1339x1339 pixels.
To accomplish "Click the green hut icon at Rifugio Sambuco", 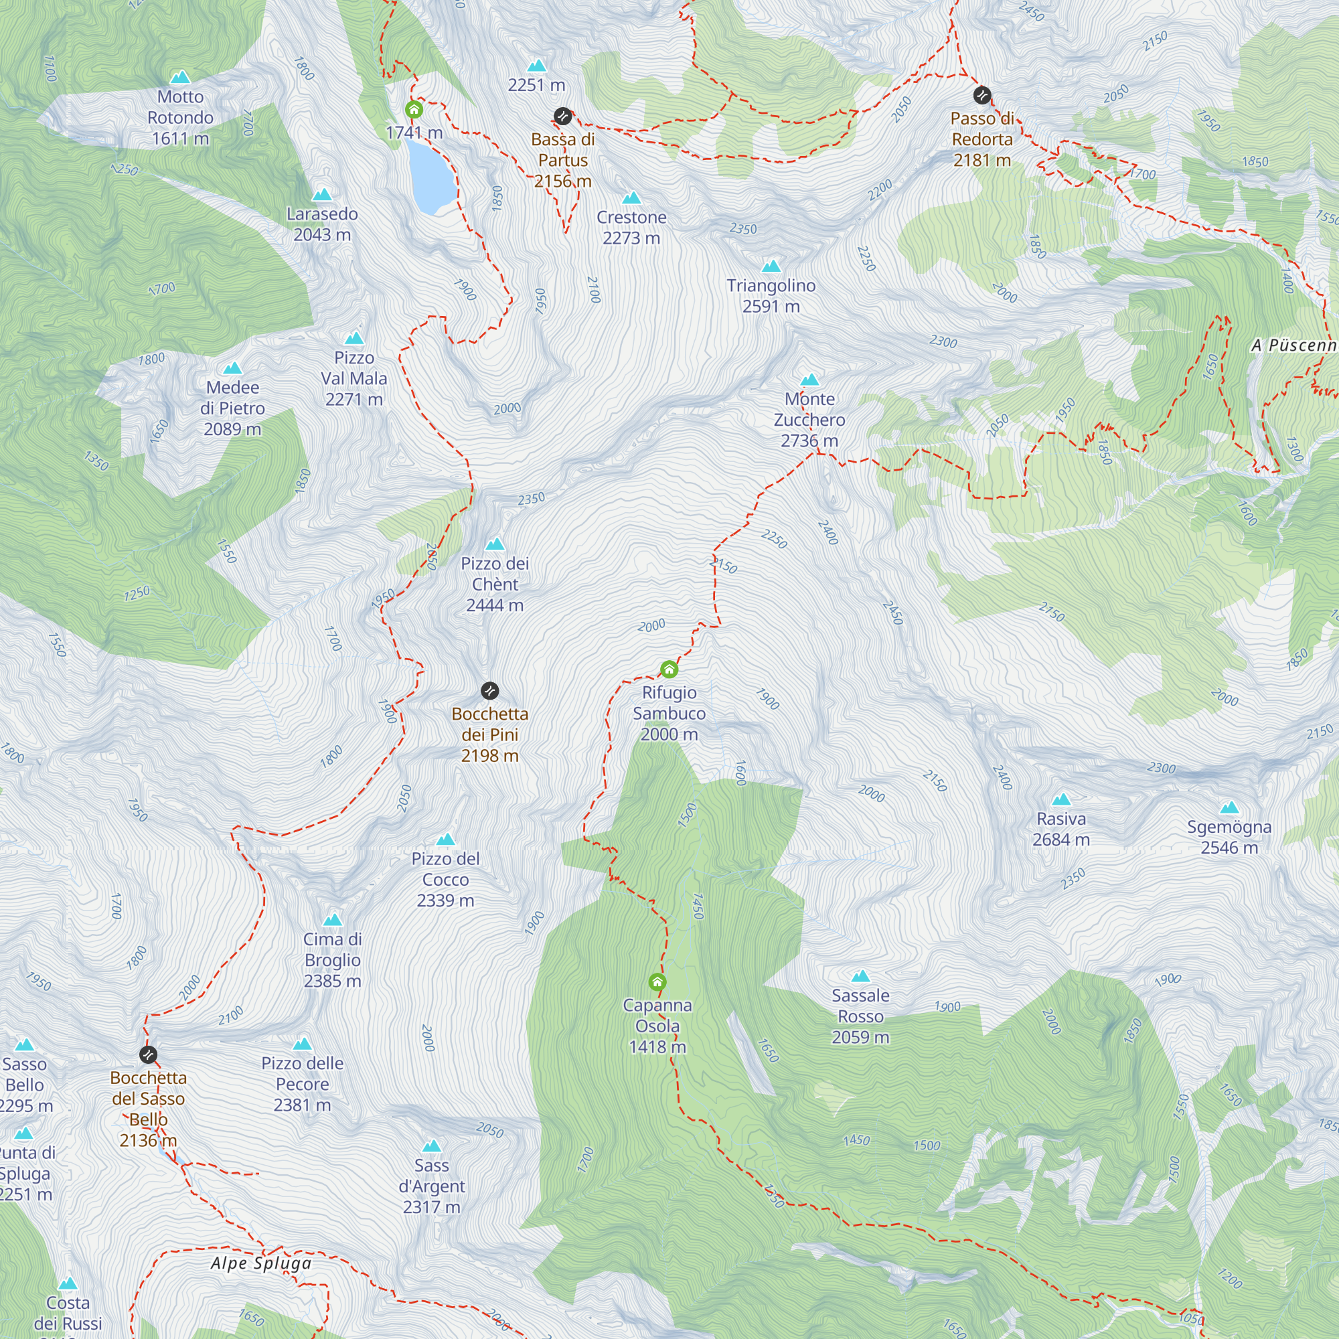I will coord(669,669).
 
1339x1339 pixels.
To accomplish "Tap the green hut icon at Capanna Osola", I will coord(657,981).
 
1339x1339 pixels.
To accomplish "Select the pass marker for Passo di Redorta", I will coord(981,95).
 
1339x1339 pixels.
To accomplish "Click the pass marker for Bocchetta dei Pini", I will coord(489,690).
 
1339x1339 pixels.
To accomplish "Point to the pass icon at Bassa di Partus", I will coord(562,116).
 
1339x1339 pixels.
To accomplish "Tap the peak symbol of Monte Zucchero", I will coord(809,380).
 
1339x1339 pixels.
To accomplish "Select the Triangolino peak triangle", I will coord(771,266).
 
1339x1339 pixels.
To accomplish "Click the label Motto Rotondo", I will coord(180,117).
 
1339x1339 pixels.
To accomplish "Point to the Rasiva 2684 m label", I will coord(1060,829).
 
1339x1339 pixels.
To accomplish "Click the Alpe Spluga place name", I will coord(260,1263).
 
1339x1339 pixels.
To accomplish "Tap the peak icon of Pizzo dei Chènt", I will coord(494,544).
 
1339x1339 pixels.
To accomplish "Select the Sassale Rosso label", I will coord(860,1016).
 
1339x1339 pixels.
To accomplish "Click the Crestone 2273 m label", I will coord(631,228).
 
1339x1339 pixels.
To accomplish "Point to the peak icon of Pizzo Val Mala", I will coord(354,338).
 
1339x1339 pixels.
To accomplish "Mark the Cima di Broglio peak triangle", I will coord(333,920).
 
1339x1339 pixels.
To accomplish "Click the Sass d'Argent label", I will coord(431,1186).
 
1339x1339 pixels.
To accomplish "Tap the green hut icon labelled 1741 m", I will coord(414,110).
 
